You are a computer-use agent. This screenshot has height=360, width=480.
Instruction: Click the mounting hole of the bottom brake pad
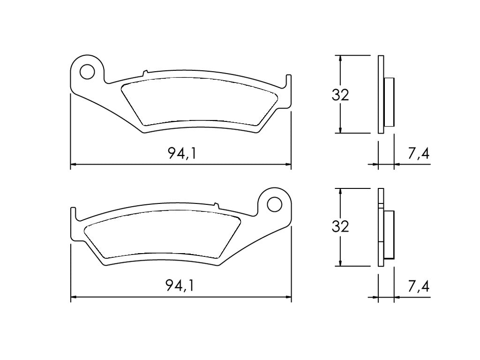(x=275, y=204)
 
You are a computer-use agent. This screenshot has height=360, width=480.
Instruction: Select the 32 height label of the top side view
(x=340, y=95)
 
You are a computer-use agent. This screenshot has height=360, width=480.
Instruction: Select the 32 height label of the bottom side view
(x=340, y=227)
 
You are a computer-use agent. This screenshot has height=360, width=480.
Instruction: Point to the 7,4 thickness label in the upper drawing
(x=419, y=153)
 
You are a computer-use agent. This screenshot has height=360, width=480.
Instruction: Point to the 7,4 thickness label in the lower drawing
(x=419, y=285)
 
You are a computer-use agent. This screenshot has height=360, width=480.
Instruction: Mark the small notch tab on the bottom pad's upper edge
(x=216, y=204)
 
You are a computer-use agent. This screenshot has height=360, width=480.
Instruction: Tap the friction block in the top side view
(x=389, y=102)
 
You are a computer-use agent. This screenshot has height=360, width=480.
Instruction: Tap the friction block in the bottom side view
(x=389, y=234)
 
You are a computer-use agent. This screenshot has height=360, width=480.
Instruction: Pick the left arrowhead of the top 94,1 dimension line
(x=73, y=165)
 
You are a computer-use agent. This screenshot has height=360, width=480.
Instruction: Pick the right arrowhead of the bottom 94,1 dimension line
(x=288, y=297)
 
